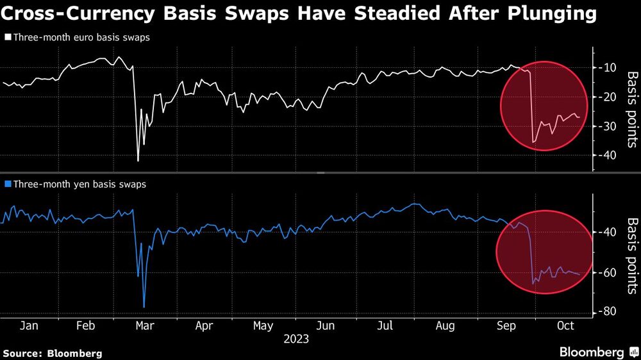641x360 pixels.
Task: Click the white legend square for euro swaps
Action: tap(8, 38)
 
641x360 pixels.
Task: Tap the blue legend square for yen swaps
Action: tap(8, 184)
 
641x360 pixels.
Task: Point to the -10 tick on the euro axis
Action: tap(609, 68)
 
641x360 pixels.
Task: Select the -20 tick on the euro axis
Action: tap(609, 97)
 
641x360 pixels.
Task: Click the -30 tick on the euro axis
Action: tap(609, 127)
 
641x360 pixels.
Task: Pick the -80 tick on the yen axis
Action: tap(609, 312)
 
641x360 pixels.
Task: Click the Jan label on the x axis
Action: tap(29, 326)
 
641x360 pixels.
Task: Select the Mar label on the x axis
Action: tap(146, 326)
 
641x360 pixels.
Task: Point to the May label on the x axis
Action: tap(263, 326)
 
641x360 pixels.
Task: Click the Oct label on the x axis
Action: tap(565, 326)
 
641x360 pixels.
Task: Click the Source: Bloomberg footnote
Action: tap(53, 353)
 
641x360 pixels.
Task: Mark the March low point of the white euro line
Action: tap(138, 160)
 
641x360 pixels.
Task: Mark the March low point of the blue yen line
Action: tap(144, 307)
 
